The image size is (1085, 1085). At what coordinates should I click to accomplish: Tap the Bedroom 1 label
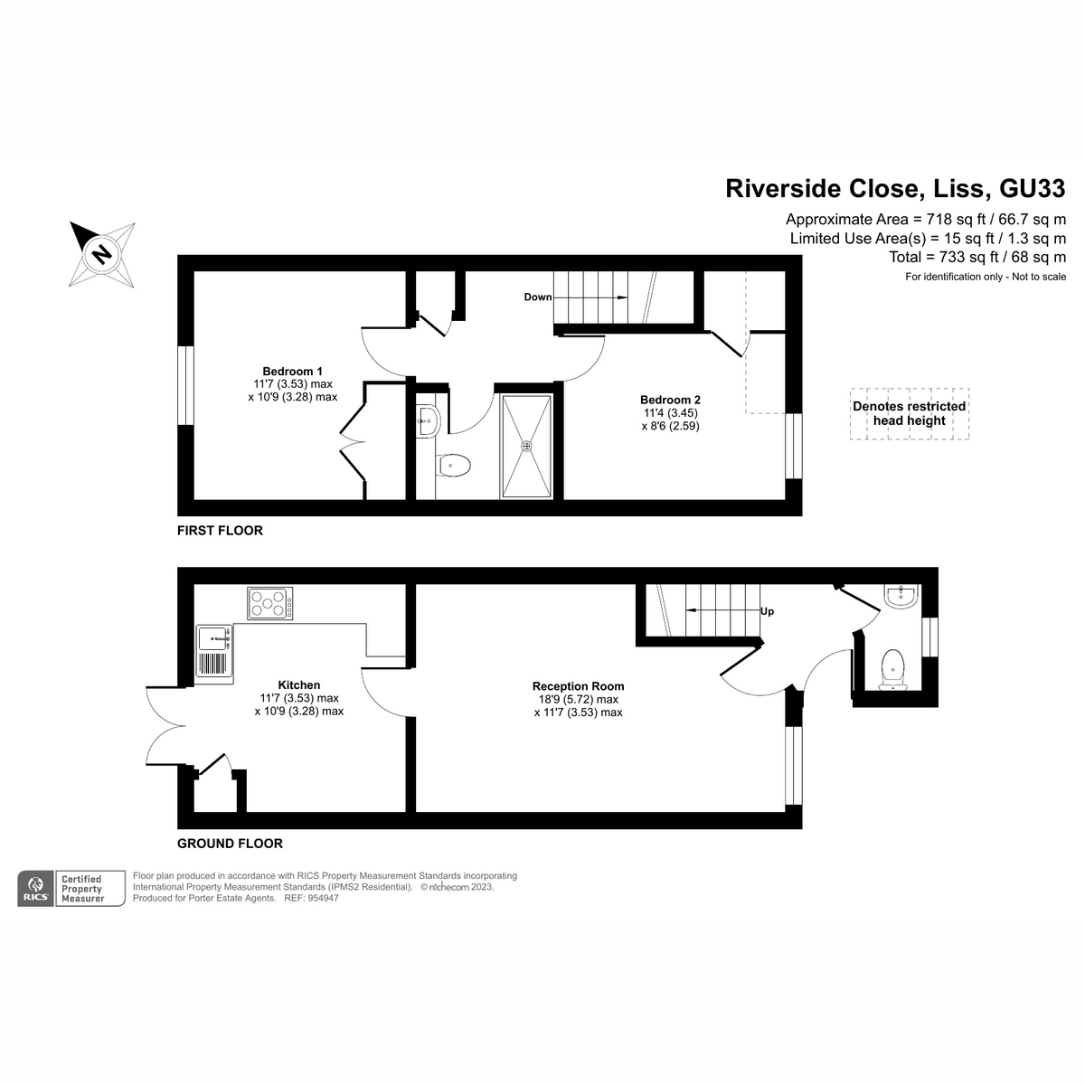[x=292, y=371]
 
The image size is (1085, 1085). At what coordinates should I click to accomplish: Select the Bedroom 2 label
[x=670, y=400]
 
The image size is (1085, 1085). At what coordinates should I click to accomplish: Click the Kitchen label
[x=298, y=685]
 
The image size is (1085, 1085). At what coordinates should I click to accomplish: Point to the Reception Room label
[x=578, y=686]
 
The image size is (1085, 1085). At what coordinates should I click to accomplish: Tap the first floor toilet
[x=453, y=467]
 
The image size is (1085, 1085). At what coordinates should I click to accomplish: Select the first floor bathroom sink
[x=427, y=418]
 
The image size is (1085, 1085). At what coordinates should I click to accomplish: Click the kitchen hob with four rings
[x=269, y=603]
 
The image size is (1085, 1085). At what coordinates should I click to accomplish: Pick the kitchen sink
[x=214, y=639]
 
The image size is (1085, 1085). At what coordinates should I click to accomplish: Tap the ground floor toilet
[x=892, y=665]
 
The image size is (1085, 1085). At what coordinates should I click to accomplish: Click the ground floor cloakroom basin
[x=901, y=596]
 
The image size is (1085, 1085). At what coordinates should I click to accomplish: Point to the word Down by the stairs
[x=537, y=297]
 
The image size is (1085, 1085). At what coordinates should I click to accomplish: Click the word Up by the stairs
[x=768, y=611]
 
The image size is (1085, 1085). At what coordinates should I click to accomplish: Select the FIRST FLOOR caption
[x=220, y=531]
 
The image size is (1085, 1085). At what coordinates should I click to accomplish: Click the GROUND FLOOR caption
[x=230, y=844]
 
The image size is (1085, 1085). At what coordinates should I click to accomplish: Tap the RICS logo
[x=36, y=888]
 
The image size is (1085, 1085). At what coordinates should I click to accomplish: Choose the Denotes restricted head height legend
[x=909, y=413]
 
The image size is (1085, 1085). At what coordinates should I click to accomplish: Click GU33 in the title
[x=1032, y=188]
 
